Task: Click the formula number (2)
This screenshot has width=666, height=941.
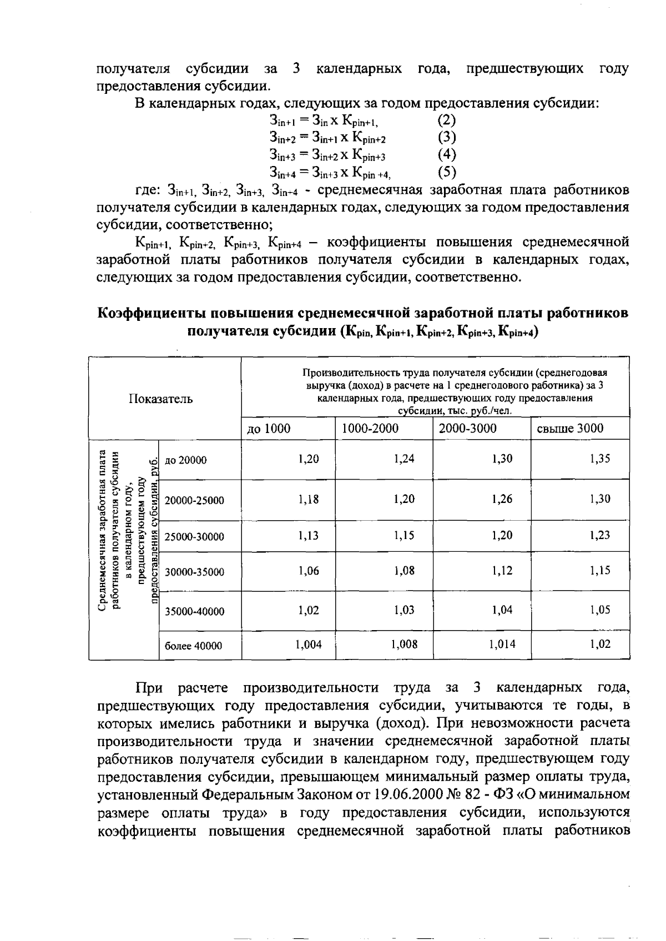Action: (447, 119)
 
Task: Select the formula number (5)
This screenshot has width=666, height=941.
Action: (447, 172)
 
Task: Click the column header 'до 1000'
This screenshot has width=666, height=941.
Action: (269, 429)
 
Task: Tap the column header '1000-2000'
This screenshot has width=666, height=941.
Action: (370, 429)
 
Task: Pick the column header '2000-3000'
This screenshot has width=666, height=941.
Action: (467, 429)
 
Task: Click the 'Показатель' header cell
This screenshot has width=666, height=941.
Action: (161, 399)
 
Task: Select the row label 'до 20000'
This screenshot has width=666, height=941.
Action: (186, 460)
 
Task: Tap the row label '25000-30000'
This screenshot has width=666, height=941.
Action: (195, 537)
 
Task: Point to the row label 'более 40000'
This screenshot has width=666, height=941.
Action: (194, 646)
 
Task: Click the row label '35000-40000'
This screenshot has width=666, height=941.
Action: (195, 612)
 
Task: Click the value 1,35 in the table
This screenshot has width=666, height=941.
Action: (600, 459)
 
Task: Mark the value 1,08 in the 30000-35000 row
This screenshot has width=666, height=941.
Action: (404, 570)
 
